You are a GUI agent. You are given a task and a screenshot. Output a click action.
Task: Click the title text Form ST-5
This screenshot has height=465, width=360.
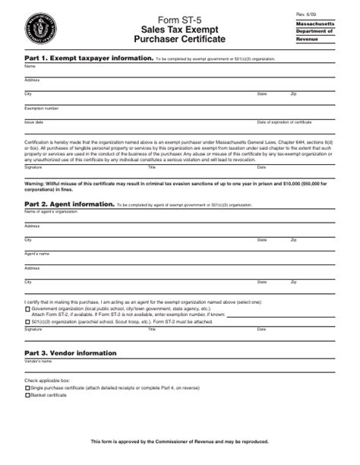179,18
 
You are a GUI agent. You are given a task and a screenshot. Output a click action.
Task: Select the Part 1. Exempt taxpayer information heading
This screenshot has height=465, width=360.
88,58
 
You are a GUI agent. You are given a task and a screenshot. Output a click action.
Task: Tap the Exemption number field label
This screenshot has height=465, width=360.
41,108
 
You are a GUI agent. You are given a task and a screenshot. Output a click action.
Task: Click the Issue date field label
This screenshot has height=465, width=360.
34,122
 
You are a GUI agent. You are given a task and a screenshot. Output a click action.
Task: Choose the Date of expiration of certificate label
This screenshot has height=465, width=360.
285,122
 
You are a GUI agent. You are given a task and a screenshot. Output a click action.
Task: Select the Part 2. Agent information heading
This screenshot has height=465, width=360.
70,204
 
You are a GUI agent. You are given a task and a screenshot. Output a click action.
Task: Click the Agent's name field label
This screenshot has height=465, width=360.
36,253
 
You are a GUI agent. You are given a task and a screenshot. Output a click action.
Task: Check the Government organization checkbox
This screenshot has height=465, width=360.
28,309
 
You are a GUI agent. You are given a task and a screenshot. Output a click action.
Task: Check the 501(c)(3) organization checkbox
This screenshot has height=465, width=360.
28,321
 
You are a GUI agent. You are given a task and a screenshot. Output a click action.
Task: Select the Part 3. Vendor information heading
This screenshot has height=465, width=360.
71,353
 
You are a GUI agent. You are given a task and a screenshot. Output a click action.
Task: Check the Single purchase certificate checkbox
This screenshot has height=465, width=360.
28,388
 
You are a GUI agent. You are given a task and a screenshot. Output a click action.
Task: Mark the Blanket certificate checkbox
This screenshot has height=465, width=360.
28,395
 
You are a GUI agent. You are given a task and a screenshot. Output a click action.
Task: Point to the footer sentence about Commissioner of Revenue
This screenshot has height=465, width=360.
179,441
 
